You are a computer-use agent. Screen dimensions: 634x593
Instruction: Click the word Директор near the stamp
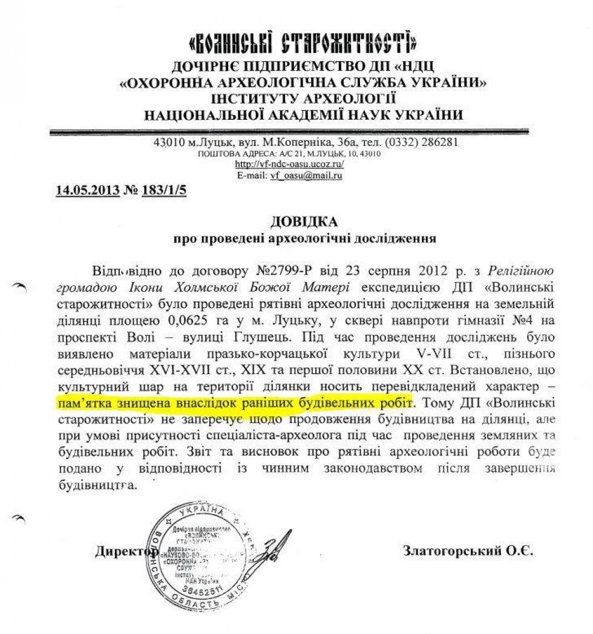124,551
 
